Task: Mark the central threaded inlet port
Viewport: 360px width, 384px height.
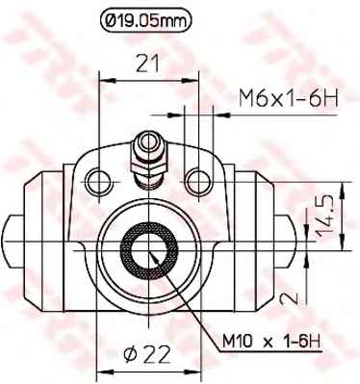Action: pos(148,245)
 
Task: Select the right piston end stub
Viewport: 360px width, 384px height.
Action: pos(286,231)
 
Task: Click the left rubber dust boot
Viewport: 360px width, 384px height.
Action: pos(43,231)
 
